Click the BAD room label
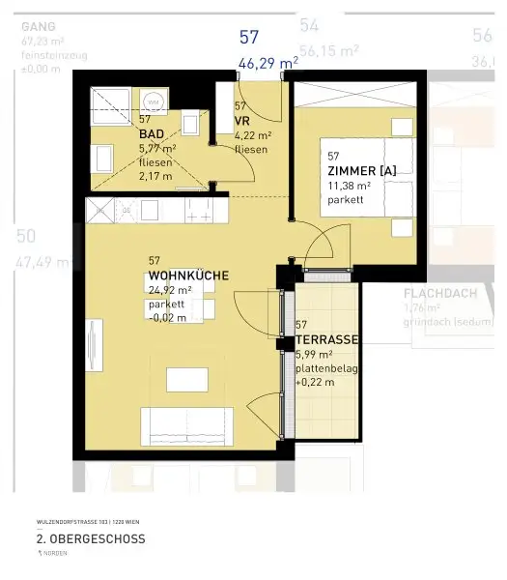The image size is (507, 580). click(x=150, y=134)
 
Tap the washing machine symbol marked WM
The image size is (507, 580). click(x=153, y=101)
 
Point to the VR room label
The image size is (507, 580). click(x=241, y=121)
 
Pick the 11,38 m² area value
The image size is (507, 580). click(x=350, y=186)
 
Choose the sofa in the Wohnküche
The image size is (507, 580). click(x=187, y=425)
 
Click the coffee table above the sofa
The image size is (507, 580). click(x=187, y=379)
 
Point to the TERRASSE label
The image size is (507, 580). click(x=327, y=340)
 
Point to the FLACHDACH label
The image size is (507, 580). click(x=440, y=295)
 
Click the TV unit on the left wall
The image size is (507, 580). click(x=92, y=344)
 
